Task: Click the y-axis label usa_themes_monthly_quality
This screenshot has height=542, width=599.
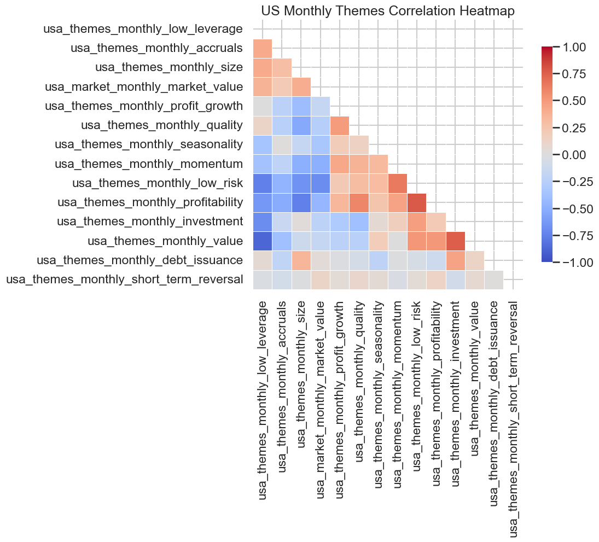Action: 161,125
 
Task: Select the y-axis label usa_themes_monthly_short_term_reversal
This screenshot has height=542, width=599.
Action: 124,279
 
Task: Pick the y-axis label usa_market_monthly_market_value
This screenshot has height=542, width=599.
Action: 144,87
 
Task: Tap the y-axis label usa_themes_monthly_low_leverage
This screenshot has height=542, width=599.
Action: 143,29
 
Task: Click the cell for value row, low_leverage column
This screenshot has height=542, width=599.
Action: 263,241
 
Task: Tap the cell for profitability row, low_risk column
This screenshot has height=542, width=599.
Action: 417,202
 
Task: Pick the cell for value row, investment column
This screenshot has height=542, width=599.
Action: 455,241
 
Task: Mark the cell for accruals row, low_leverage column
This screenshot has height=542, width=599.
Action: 263,48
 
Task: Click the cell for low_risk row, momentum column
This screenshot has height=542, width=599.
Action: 398,183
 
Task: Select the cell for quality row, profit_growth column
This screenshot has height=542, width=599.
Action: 340,125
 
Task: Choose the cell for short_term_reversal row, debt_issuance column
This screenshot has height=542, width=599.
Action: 494,279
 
